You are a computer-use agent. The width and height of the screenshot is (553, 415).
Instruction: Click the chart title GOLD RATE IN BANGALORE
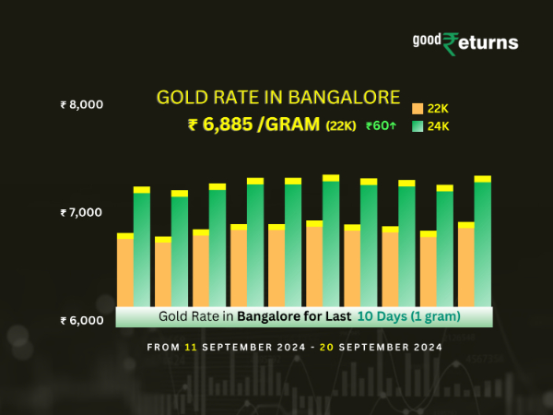point(277,97)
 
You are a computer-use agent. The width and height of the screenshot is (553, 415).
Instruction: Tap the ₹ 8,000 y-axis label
point(81,104)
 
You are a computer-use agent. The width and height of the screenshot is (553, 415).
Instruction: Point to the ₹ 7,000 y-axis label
point(81,212)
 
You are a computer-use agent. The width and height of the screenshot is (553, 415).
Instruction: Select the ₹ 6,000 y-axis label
point(81,320)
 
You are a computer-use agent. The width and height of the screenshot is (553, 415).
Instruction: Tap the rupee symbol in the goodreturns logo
point(451,43)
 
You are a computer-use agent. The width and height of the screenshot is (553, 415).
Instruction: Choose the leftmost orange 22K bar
point(125,272)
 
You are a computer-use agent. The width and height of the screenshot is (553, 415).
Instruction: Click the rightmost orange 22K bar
point(465,267)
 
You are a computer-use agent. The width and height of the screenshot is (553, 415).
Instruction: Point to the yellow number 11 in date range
point(191,348)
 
